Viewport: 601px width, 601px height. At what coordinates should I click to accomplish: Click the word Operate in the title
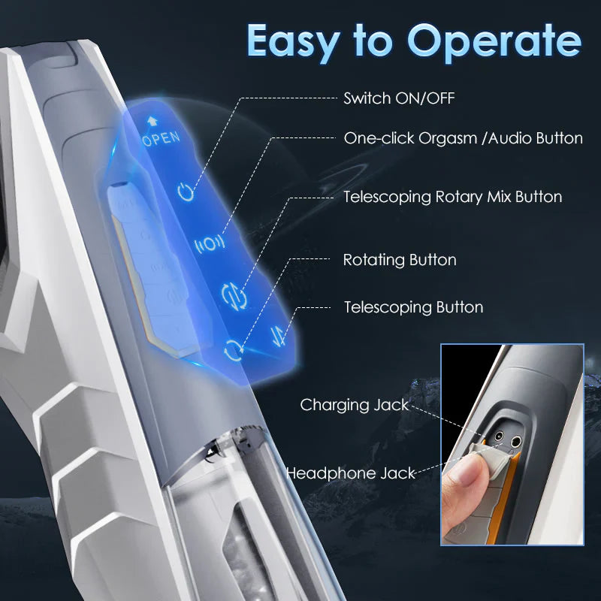tap(494, 41)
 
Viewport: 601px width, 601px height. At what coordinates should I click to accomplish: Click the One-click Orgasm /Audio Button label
tap(463, 138)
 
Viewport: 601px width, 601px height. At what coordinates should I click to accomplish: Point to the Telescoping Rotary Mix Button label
tap(452, 197)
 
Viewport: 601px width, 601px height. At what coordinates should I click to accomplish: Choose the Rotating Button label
tap(399, 260)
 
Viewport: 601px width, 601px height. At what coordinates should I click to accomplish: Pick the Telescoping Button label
tap(413, 307)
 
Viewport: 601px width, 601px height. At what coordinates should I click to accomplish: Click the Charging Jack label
tap(354, 405)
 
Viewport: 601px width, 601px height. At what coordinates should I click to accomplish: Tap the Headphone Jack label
tap(350, 473)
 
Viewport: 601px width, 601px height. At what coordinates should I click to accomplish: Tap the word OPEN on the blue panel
tap(161, 137)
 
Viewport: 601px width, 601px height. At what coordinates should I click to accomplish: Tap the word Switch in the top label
tap(365, 98)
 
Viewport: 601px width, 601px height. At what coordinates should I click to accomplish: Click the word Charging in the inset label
tap(335, 405)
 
